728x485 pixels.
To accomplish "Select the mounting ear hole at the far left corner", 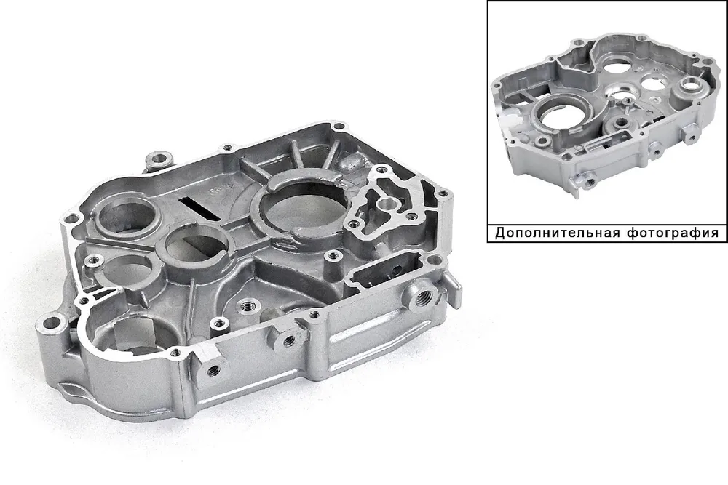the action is (51, 322).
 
